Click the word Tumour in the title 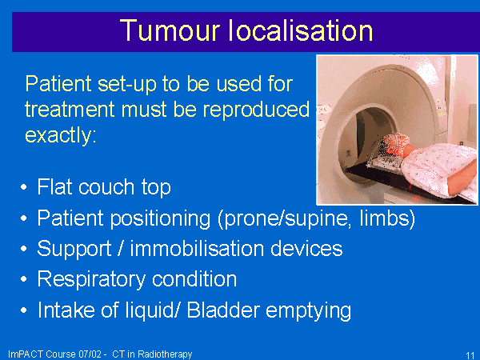pos(170,30)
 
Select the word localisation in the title pos(301,30)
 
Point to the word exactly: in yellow pos(61,135)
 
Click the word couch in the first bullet pos(106,186)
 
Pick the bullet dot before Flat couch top pos(24,187)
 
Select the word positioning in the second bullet pos(161,218)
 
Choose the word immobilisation pos(197,248)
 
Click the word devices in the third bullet pos(306,248)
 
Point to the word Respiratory pos(91,280)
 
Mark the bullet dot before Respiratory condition pos(24,279)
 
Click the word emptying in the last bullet pos(308,310)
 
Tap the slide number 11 pos(470,355)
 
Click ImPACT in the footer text pos(26,354)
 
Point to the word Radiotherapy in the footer pos(165,354)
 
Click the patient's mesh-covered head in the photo pos(395,142)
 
